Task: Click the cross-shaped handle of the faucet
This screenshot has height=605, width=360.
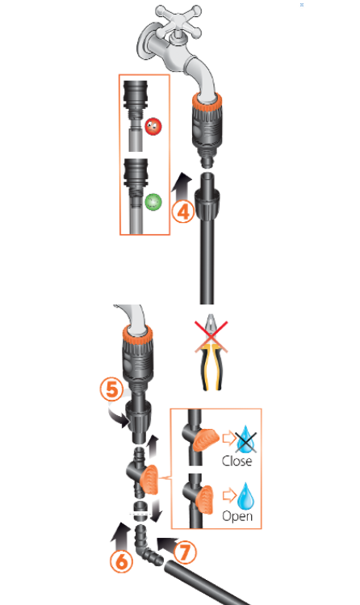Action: [x=179, y=20]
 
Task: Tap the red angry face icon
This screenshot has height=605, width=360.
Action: [x=153, y=127]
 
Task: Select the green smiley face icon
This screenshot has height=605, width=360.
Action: [x=153, y=202]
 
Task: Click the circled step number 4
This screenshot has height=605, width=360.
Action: [x=182, y=212]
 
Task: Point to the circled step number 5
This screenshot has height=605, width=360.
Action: [x=111, y=389]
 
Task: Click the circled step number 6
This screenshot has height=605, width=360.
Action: [x=121, y=561]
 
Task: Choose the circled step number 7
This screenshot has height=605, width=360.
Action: [x=185, y=552]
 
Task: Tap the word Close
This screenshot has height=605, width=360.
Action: [x=237, y=460]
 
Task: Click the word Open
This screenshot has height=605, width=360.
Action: [x=237, y=516]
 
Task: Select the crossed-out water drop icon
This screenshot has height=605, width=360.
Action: [x=246, y=439]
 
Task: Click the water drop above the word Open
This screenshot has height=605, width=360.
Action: [x=246, y=496]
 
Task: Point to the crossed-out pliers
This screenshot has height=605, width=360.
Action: [x=211, y=352]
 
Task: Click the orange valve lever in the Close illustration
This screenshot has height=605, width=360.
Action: [x=206, y=440]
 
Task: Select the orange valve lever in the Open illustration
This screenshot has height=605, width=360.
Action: [x=205, y=500]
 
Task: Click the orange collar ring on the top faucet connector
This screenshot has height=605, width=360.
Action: [x=207, y=101]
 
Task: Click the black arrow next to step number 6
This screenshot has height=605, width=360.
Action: [x=121, y=536]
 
